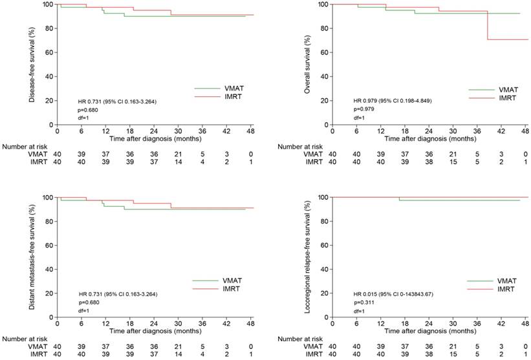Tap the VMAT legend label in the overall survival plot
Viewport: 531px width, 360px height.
(508, 90)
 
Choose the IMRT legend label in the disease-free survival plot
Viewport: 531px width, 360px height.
(233, 97)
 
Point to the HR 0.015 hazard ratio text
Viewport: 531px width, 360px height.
(396, 293)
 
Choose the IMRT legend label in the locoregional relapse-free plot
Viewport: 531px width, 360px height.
(508, 290)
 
